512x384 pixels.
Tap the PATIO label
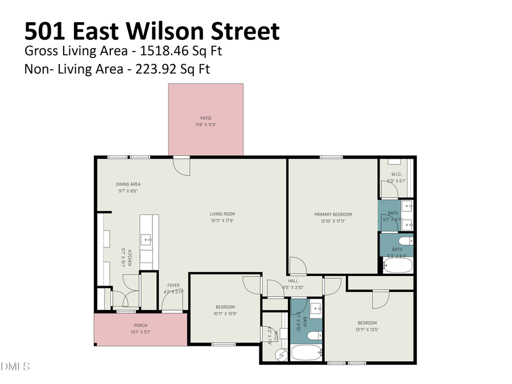[x=205, y=118]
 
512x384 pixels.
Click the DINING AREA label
[x=128, y=184]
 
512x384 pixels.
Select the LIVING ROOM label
[x=222, y=214]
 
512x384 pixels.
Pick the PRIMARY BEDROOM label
[x=333, y=214]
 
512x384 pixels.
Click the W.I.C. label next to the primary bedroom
[x=397, y=174]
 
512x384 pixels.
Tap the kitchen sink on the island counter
[x=147, y=240]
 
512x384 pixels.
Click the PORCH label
[x=140, y=325]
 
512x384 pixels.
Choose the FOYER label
[x=174, y=285]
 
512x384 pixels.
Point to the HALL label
[x=293, y=280]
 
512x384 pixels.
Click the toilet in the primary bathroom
[x=406, y=241]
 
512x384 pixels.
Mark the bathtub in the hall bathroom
[x=306, y=352]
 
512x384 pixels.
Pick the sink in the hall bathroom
[x=317, y=311]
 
